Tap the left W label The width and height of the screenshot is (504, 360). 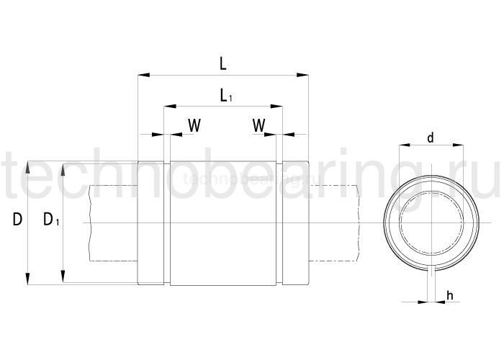coord(194,125)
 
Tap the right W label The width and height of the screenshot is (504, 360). coord(259,125)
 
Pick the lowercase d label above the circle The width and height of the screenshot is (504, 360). coord(430,137)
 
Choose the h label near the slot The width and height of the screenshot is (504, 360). coord(449,295)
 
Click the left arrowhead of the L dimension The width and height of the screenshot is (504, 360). coord(142,73)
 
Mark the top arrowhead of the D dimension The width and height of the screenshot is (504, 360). coord(27,166)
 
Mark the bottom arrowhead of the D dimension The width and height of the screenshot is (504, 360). coord(27,279)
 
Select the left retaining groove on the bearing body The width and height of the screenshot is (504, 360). coord(167,223)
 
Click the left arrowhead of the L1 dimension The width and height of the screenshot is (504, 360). coord(168,106)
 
